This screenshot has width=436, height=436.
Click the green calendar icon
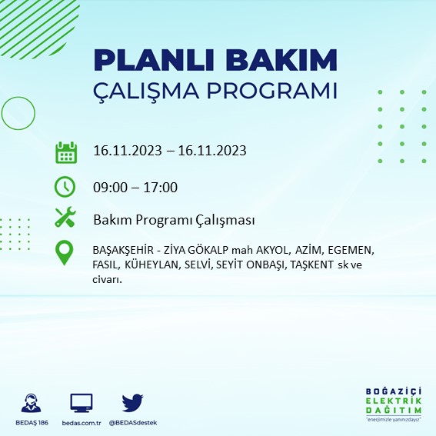[x=65, y=151]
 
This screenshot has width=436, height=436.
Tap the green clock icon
[x=65, y=187]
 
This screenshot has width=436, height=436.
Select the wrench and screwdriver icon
[x=65, y=218]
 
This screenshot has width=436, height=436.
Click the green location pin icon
[x=65, y=252]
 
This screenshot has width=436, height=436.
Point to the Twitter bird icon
[x=132, y=402]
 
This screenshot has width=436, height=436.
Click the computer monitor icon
[x=81, y=402]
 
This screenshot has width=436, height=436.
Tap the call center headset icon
[x=32, y=403]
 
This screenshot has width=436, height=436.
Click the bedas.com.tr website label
[x=81, y=424]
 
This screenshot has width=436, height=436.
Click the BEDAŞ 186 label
[x=32, y=424]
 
